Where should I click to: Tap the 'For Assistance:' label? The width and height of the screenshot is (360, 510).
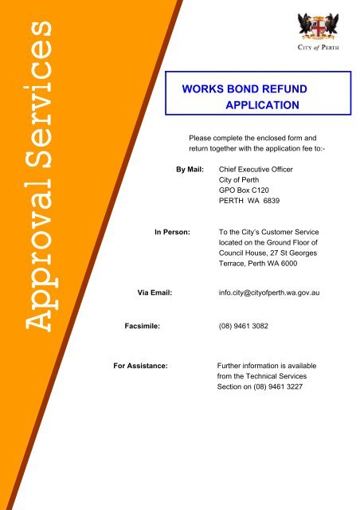coord(141,367)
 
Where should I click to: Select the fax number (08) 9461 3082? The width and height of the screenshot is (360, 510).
coord(244,326)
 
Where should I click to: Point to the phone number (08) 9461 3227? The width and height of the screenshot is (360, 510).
coord(276,387)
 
